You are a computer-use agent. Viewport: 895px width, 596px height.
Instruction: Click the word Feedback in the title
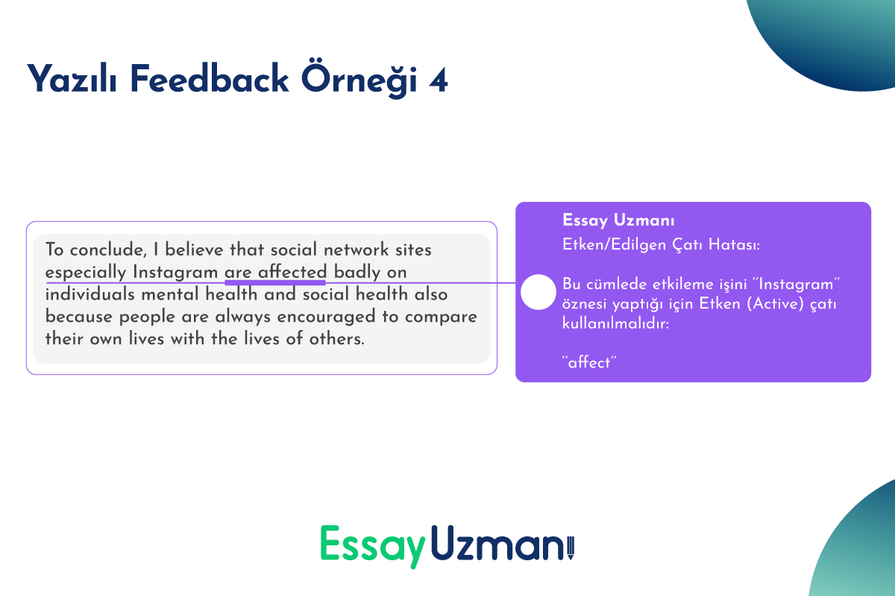[209, 79]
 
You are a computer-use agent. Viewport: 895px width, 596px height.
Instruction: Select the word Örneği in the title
[359, 79]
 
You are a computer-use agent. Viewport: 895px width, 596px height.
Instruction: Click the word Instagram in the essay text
[175, 272]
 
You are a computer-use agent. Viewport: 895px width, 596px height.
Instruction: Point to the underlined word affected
[292, 272]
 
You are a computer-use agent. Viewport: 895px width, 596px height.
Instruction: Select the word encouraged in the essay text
[327, 317]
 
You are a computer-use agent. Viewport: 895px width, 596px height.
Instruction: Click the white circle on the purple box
[538, 292]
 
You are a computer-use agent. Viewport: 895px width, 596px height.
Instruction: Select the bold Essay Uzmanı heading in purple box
[618, 221]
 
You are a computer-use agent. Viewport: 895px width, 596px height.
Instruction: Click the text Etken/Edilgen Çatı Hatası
[661, 244]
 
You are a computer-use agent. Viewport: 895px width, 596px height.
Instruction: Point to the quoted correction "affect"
[589, 363]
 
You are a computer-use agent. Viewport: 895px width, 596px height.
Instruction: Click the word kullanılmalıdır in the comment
[616, 323]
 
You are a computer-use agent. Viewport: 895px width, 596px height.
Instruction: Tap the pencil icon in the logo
[571, 548]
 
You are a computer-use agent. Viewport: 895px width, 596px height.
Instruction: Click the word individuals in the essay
[90, 294]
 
